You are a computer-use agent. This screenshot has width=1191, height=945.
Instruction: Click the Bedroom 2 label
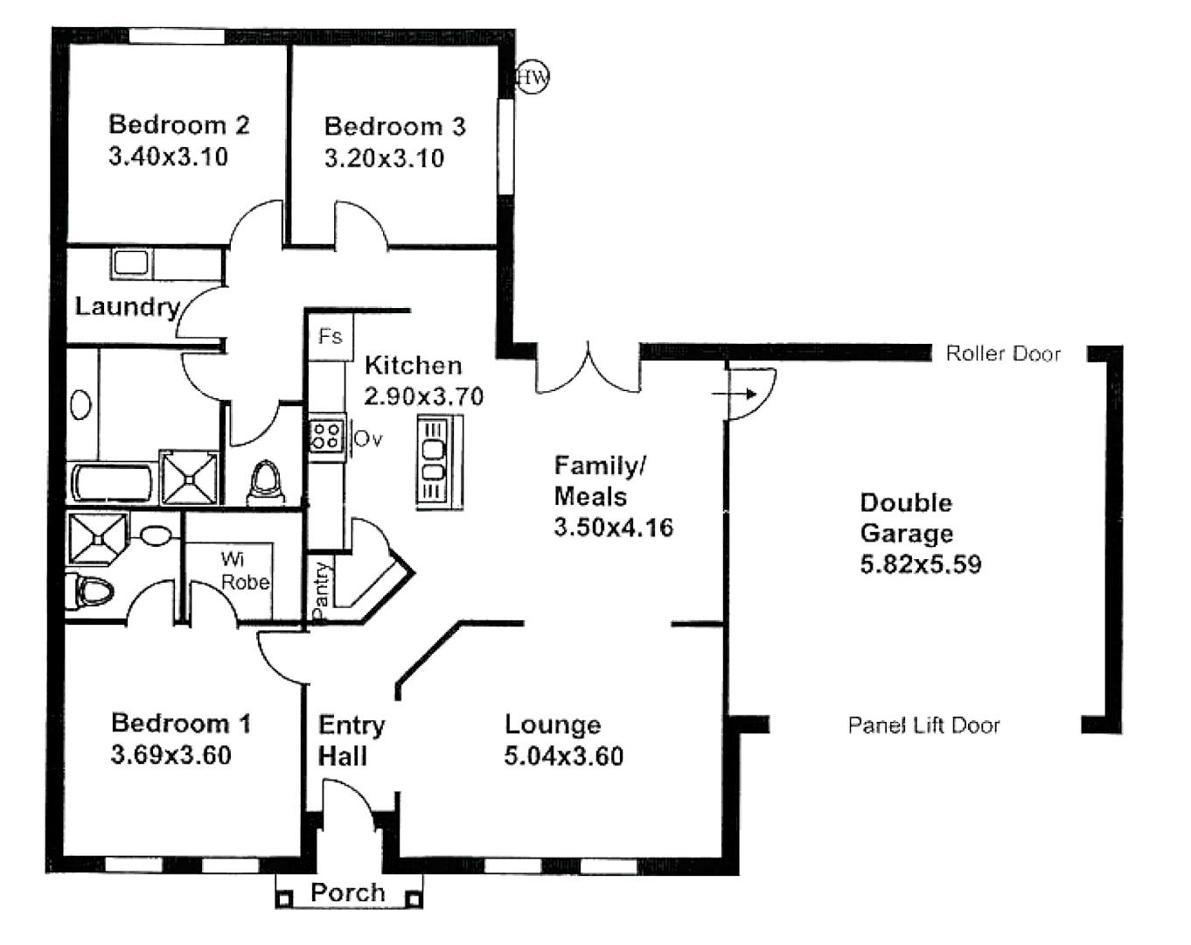[x=178, y=125]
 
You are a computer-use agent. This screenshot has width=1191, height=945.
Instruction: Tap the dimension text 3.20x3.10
[x=384, y=158]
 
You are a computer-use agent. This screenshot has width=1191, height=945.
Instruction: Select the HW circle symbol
[x=532, y=78]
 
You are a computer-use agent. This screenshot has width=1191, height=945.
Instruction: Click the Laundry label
[x=127, y=306]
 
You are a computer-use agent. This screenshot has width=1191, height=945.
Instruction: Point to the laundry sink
[x=131, y=262]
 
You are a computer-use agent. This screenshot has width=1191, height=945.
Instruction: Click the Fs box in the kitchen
[x=331, y=336]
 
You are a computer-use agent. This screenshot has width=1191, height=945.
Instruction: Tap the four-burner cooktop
[x=326, y=435]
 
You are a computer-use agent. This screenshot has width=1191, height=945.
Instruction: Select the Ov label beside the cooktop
[x=368, y=438]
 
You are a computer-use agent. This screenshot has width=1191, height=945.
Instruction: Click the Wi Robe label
[x=244, y=570]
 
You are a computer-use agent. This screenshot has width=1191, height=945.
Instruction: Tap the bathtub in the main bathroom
[x=111, y=483]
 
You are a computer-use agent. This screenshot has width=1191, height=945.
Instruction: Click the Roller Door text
[x=1003, y=353]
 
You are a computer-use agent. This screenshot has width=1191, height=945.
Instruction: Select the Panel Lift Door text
[x=923, y=725]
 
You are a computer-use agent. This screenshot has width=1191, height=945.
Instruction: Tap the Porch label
[x=347, y=892]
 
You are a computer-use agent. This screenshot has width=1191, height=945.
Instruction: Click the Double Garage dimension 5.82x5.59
[x=920, y=564]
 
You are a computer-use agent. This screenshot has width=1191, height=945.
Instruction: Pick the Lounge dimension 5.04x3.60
[x=563, y=756]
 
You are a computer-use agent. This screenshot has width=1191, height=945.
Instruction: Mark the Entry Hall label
[x=351, y=740]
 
